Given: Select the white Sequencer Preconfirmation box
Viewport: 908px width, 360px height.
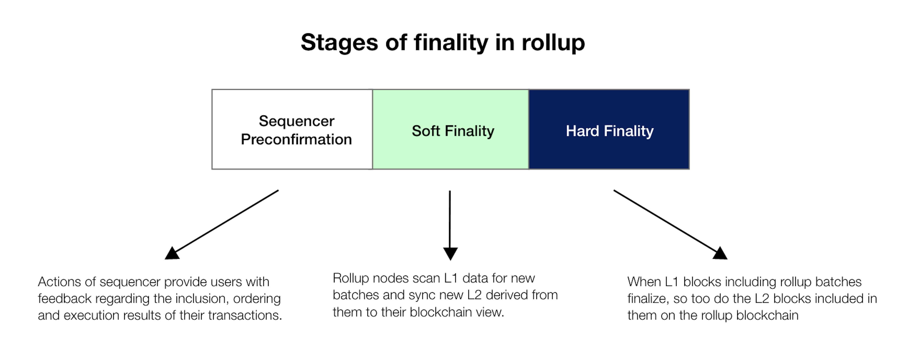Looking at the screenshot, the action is point(292,129).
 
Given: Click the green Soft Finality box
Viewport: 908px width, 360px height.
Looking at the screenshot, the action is point(451,129).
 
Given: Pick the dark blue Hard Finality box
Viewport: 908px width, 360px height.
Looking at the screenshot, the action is point(609,129).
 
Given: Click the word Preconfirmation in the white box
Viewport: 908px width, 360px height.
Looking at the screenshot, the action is point(297,139).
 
